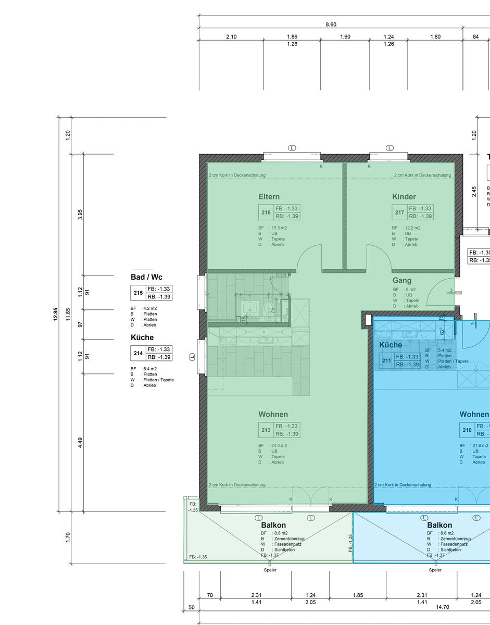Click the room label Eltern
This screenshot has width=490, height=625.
tap(269, 197)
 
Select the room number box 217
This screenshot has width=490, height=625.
tap(399, 213)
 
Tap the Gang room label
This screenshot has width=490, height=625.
tap(401, 280)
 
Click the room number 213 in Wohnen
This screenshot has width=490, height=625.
tap(266, 430)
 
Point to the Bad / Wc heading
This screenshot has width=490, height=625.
tap(146, 277)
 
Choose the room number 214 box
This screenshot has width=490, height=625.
tap(138, 353)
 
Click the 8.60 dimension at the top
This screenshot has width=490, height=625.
tap(331, 24)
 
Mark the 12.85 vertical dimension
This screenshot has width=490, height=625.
tap(55, 314)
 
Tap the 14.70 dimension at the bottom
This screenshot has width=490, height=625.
tap(443, 607)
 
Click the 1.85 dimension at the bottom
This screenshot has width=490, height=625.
tap(358, 595)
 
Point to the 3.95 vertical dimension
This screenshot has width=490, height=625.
tap(80, 215)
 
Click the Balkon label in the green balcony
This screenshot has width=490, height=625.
tap(273, 526)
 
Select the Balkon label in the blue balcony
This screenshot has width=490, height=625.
tap(439, 526)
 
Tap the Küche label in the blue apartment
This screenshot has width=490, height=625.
tap(391, 345)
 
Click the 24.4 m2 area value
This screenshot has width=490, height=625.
tap(280, 446)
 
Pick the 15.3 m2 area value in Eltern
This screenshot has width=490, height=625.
tap(280, 228)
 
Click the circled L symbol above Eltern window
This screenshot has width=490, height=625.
tap(292, 148)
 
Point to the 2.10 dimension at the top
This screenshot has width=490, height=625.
tap(231, 37)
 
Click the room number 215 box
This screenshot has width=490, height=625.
tap(138, 293)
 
